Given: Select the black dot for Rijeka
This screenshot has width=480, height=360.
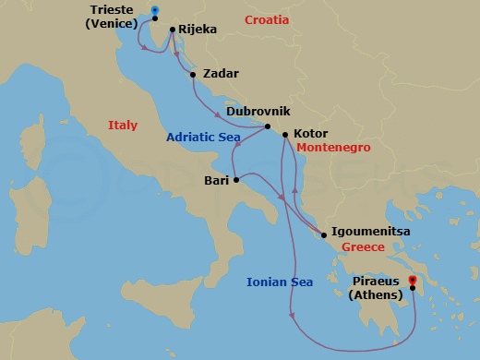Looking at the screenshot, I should [173, 30].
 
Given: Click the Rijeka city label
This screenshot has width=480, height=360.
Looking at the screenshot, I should [198, 30].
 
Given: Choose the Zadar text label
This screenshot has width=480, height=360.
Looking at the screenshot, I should [221, 74].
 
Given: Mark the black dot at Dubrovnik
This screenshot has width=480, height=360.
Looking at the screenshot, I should [267, 126].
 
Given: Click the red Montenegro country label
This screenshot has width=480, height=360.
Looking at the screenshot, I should [333, 148].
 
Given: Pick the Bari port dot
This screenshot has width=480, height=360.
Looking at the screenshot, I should [236, 180].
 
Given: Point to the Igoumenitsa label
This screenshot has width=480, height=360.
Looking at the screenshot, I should [371, 234].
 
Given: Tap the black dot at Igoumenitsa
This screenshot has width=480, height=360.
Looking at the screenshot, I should [324, 235].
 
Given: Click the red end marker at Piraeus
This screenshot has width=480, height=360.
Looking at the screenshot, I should [412, 281].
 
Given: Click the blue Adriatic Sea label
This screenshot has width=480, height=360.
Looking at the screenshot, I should [203, 138].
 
